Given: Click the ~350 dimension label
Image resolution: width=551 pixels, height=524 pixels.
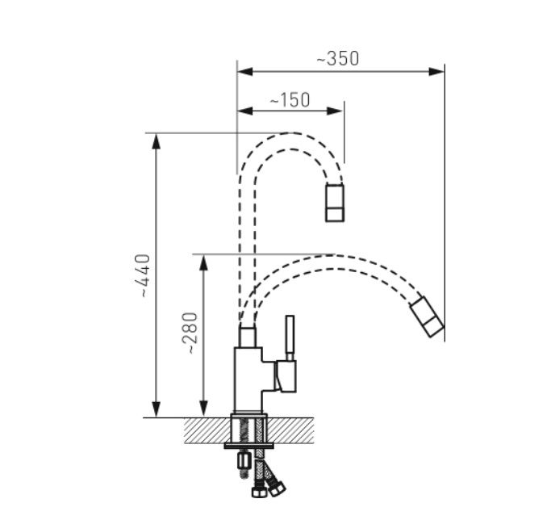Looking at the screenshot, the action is [x=338, y=59].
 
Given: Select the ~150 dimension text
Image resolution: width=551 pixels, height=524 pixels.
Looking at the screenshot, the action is [x=290, y=100].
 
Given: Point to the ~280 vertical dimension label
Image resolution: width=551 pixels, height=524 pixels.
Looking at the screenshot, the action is [x=190, y=333].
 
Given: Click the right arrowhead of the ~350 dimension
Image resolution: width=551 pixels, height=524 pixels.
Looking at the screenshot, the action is [x=436, y=72].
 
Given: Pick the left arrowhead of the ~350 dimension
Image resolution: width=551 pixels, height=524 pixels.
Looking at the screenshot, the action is [x=245, y=72].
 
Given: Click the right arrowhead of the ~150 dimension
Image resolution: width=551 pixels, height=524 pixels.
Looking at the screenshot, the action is [x=335, y=111].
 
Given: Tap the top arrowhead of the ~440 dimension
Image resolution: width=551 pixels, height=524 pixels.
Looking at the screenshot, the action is [x=157, y=141].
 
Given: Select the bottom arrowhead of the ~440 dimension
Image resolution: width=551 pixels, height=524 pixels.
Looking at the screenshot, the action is [x=157, y=409].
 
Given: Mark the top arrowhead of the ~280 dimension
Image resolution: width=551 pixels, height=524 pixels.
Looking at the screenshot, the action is [x=203, y=262].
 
